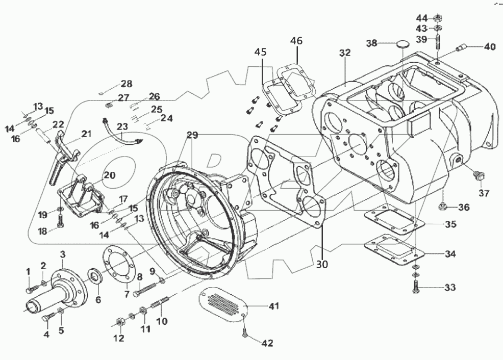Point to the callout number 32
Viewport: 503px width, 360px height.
pos(345,52)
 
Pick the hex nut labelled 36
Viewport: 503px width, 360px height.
pos(443,207)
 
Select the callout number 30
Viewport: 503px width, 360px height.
pos(321,264)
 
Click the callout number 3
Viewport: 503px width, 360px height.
pos(63,254)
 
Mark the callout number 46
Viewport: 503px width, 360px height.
pos(297,40)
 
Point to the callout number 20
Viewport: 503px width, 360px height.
pos(110,175)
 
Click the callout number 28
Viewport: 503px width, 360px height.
pos(126,84)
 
